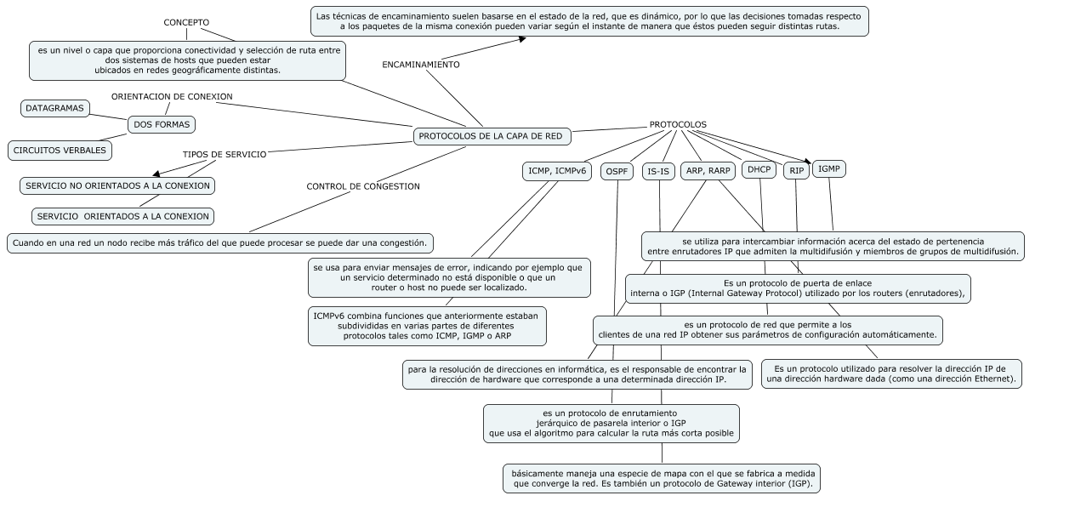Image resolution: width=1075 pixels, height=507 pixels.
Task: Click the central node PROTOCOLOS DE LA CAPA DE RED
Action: click(492, 136)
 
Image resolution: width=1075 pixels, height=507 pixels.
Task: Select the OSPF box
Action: click(617, 171)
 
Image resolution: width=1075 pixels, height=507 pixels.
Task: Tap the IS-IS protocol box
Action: click(658, 171)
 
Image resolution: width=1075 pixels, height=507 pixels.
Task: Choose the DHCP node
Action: click(759, 169)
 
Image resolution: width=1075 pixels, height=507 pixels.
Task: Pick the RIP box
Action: click(796, 171)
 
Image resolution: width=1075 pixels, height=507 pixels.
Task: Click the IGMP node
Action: click(829, 169)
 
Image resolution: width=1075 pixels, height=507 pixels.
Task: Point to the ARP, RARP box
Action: click(708, 171)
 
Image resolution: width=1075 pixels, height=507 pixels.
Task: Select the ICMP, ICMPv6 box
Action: click(557, 171)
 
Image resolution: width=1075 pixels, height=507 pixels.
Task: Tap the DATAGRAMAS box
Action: click(54, 109)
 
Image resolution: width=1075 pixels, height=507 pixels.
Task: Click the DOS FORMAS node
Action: click(162, 125)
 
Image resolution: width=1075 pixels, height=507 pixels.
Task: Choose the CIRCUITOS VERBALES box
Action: click(60, 151)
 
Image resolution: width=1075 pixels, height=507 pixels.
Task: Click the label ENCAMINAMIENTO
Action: click(421, 65)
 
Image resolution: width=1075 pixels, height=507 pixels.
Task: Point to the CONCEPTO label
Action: click(186, 23)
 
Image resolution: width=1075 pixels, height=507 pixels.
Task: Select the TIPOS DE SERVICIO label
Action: click(225, 155)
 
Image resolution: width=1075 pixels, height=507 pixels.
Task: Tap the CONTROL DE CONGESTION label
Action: click(363, 187)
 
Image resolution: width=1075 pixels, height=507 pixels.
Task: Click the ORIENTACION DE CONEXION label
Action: click(172, 96)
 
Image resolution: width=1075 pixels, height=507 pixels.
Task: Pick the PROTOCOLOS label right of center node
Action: click(678, 125)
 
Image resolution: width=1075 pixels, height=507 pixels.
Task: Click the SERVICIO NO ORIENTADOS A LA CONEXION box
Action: click(117, 186)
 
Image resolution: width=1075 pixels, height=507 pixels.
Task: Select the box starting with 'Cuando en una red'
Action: click(219, 243)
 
